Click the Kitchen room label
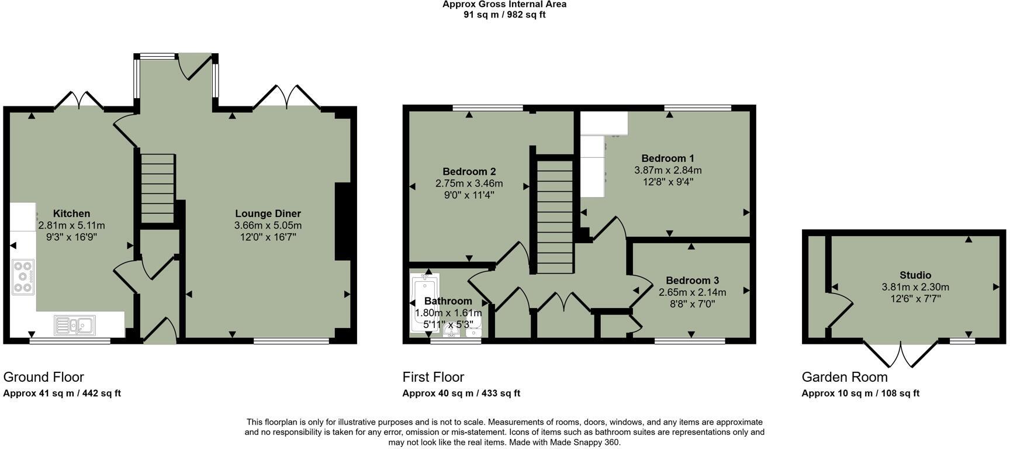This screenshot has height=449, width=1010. point(71,213)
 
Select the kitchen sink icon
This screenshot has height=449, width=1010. point(75,325)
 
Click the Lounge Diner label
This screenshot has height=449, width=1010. point(268,213)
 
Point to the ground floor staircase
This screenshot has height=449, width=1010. point(158,187)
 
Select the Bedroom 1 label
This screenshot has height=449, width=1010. point(667,158)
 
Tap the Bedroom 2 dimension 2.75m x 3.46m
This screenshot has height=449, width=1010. point(469,183)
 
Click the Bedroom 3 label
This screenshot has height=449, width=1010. point(692,281)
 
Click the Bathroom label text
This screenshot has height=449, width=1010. point(448,301)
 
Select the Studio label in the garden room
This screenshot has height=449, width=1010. point(915,275)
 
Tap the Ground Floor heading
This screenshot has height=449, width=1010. point(44,377)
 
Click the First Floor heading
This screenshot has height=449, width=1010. point(433,377)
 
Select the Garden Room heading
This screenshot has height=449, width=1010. point(844,377)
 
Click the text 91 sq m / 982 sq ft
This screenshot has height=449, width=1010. point(504,15)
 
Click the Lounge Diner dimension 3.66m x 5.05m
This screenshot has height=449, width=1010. point(268,225)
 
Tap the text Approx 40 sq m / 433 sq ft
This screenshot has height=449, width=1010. point(461,393)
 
